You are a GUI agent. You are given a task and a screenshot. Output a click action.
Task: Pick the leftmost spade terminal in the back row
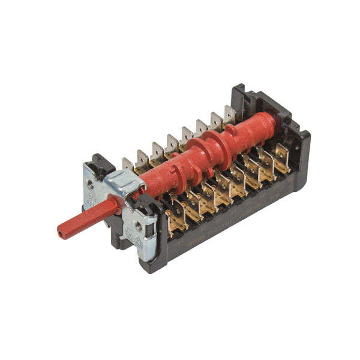tap(127, 164)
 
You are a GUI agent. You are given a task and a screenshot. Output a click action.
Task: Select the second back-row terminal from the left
tap(142, 157)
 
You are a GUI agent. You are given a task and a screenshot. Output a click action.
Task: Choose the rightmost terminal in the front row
tap(280, 155)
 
